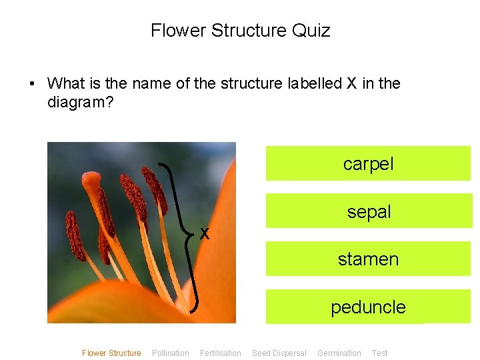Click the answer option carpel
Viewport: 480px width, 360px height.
point(368,163)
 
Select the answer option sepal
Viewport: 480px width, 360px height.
point(369,211)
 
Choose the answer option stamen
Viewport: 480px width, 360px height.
point(368,259)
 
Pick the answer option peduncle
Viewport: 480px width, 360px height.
point(368,307)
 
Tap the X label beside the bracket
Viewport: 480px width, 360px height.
point(205,233)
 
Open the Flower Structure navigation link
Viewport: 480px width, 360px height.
point(111,353)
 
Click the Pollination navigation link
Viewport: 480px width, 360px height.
point(171,353)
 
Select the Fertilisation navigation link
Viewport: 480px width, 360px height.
point(221,353)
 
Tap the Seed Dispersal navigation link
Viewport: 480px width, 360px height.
point(279,353)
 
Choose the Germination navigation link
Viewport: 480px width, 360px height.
point(339,353)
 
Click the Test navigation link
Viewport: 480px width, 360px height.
point(380,353)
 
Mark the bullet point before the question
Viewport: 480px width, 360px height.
point(31,84)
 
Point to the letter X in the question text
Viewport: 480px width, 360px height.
point(351,83)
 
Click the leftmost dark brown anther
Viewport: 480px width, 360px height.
point(75,235)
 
